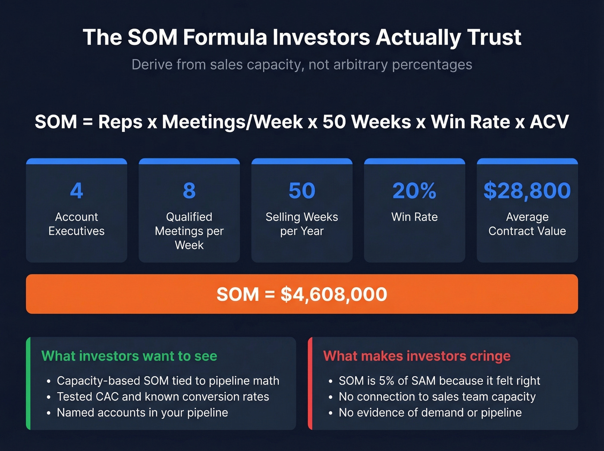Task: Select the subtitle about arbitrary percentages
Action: pos(302,65)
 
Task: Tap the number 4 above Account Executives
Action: pos(76,190)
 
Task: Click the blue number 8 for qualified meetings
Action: pos(189,190)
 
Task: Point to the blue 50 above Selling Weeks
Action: pos(302,190)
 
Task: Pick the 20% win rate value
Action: pos(414,190)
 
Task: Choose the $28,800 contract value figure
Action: pos(527,190)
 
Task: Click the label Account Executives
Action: pos(76,224)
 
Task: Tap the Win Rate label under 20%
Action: pos(414,217)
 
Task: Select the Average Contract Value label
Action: pos(527,224)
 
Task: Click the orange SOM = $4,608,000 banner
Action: pos(302,294)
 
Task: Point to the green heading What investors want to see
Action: pos(129,356)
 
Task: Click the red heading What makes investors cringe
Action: pos(417,356)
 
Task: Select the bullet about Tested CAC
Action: pos(163,397)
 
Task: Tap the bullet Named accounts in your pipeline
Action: pos(142,413)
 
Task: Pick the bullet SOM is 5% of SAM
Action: pos(439,381)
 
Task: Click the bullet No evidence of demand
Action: pos(430,413)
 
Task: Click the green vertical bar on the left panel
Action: pos(28,383)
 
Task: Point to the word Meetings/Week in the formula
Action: pos(232,122)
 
